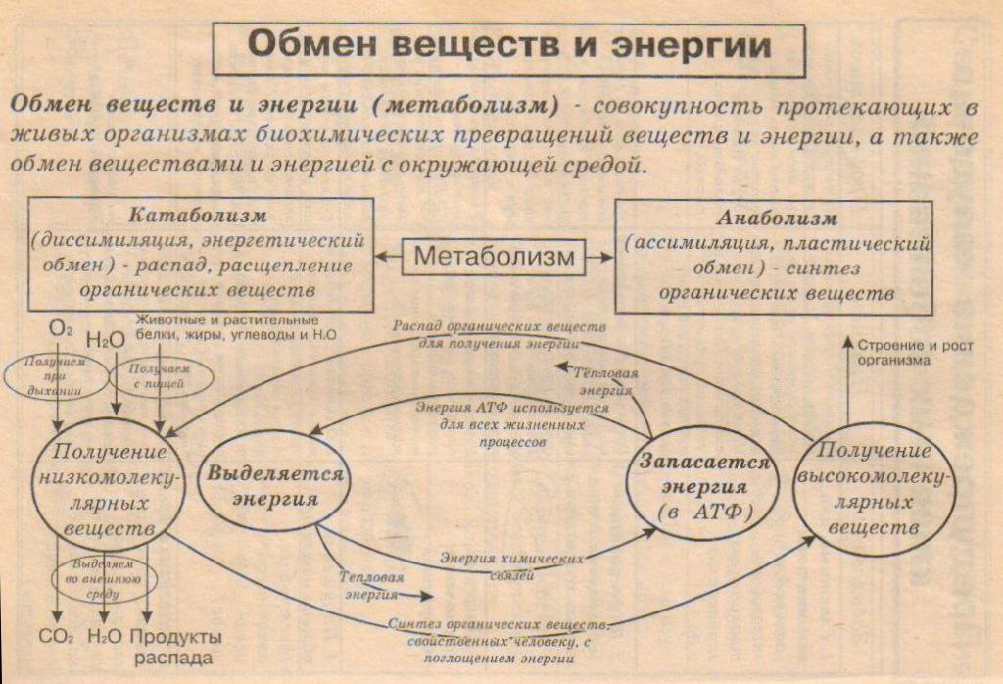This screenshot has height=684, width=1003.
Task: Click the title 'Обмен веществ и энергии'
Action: (x=508, y=46)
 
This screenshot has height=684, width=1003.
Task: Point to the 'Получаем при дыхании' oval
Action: (x=57, y=377)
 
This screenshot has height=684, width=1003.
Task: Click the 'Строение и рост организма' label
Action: (x=907, y=352)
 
